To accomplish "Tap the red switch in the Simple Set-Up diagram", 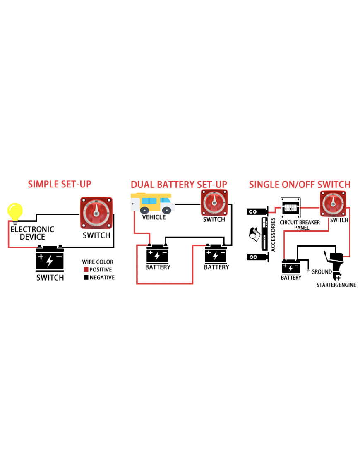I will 96,213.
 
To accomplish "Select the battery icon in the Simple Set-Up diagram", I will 49,258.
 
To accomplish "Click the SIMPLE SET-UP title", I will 59,184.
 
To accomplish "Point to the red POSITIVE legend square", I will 86,270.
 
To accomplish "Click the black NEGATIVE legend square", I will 86,278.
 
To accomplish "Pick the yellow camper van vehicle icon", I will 152,203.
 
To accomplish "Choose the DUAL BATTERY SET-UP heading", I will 179,185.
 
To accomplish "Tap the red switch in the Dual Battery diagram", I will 214,203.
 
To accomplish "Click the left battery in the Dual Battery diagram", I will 158,253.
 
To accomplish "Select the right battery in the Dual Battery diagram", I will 216,253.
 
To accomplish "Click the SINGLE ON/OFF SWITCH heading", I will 300,185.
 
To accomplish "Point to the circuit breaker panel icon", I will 290,208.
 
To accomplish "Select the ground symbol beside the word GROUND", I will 308,271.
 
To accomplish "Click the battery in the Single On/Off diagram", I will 291,266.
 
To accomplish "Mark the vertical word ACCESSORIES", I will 273,235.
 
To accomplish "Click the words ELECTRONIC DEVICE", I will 32,233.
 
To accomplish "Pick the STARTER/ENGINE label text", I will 336,285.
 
